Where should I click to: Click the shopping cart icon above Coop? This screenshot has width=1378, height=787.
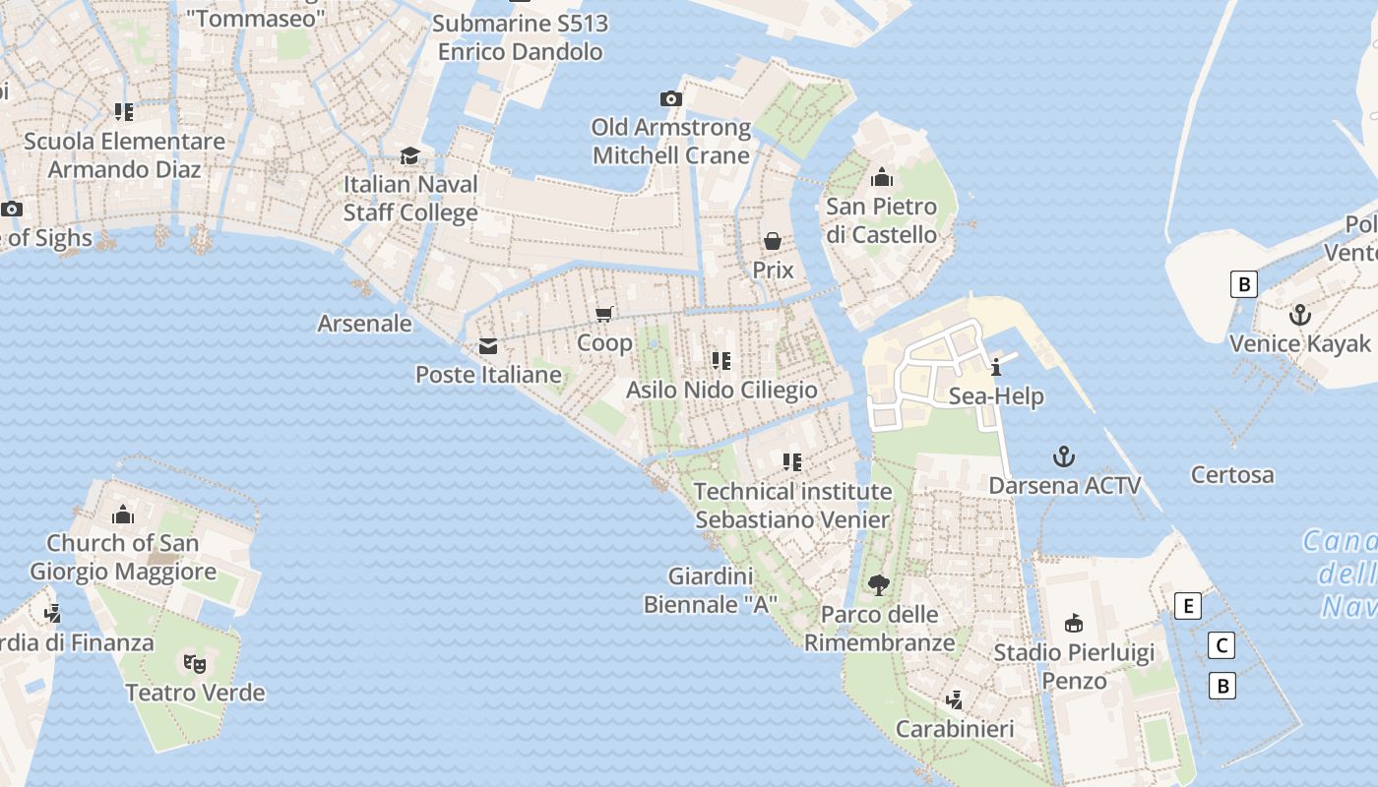pyautogui.click(x=604, y=314)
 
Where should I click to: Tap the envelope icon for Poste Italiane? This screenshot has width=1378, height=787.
pyautogui.click(x=488, y=346)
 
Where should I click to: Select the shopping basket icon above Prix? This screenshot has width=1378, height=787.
pyautogui.click(x=773, y=241)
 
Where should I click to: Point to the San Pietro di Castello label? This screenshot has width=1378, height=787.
pyautogui.click(x=881, y=220)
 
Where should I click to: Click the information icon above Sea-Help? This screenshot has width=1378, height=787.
pyautogui.click(x=996, y=368)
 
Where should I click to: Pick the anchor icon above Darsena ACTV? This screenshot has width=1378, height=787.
pyautogui.click(x=1063, y=456)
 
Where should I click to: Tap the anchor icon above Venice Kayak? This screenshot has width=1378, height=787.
pyautogui.click(x=1300, y=315)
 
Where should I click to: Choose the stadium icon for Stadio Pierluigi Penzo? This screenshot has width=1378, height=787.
pyautogui.click(x=1074, y=624)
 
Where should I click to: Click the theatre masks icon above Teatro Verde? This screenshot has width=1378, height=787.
pyautogui.click(x=195, y=664)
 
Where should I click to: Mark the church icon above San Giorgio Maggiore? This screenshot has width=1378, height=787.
pyautogui.click(x=123, y=515)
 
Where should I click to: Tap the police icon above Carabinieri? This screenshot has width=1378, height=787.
pyautogui.click(x=954, y=700)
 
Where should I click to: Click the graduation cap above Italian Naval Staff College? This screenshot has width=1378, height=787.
pyautogui.click(x=409, y=156)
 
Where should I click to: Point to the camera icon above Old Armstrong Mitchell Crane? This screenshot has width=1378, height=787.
pyautogui.click(x=670, y=98)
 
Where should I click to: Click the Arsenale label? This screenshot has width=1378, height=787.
pyautogui.click(x=364, y=324)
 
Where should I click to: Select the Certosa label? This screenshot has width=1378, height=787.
pyautogui.click(x=1232, y=475)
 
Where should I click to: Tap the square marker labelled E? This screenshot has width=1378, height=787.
pyautogui.click(x=1188, y=606)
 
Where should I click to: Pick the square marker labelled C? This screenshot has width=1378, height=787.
pyautogui.click(x=1221, y=645)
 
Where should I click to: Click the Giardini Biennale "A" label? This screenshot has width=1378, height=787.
pyautogui.click(x=711, y=590)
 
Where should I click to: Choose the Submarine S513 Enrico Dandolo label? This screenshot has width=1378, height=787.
pyautogui.click(x=520, y=37)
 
